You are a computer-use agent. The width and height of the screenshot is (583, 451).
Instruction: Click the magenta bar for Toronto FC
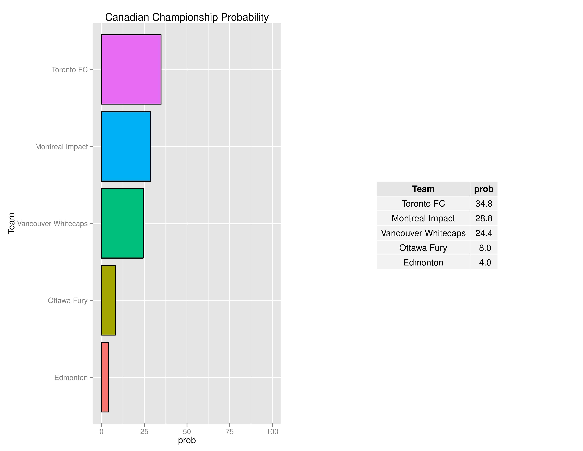tap(131, 70)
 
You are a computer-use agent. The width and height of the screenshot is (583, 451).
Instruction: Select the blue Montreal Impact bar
tap(126, 146)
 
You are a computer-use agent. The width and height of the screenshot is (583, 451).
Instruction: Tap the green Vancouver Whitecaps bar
tap(122, 223)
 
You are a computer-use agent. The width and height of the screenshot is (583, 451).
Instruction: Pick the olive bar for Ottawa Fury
tap(108, 300)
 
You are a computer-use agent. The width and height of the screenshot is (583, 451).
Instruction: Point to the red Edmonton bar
tap(105, 377)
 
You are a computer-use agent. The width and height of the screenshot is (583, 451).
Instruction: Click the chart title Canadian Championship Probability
tap(187, 17)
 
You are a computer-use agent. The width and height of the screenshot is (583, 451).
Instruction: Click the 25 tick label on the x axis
tap(144, 432)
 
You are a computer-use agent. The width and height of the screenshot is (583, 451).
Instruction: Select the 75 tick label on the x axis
tap(229, 432)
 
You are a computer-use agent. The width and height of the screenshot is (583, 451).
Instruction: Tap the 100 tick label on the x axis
tap(272, 432)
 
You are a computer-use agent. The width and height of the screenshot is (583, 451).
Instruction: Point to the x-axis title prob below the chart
tap(187, 441)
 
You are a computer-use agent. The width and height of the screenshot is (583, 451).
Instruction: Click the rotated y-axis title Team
tap(11, 223)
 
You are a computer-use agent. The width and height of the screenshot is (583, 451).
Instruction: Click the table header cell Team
tap(423, 189)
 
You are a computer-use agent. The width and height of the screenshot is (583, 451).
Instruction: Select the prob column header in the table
tap(484, 189)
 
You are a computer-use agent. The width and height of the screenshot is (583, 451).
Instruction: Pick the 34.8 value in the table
tap(484, 204)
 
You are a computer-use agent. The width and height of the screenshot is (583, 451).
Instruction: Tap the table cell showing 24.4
tap(484, 233)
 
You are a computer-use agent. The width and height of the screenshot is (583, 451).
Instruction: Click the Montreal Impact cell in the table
tap(423, 218)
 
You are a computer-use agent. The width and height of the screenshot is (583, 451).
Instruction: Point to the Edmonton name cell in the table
tap(423, 262)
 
